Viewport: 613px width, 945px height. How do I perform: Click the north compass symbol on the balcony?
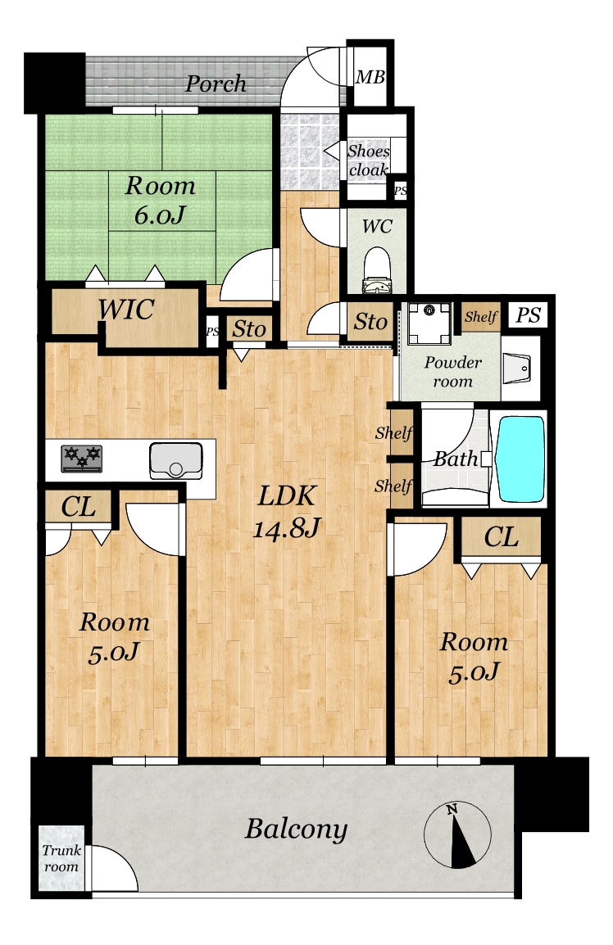457,835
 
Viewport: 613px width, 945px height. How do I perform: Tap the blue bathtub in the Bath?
520,459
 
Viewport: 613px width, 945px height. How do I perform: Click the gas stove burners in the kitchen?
81,459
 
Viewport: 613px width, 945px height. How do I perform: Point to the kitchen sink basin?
176,461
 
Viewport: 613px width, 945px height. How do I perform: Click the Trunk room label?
61,858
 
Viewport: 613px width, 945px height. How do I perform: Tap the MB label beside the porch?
370,77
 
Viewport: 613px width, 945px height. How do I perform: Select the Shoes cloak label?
369,161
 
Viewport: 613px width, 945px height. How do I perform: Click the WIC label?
126,310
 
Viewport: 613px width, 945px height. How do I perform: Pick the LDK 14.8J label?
286,511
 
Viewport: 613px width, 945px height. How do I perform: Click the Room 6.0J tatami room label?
160,200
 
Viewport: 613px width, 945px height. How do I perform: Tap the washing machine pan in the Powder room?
429,323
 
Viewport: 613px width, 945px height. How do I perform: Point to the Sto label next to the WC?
370,322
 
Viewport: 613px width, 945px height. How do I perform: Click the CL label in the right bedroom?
502,536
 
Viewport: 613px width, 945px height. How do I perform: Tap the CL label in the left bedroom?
79,507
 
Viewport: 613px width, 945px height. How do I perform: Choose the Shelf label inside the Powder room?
482,316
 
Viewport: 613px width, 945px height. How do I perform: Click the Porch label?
216,84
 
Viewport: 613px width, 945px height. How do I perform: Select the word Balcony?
296,830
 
